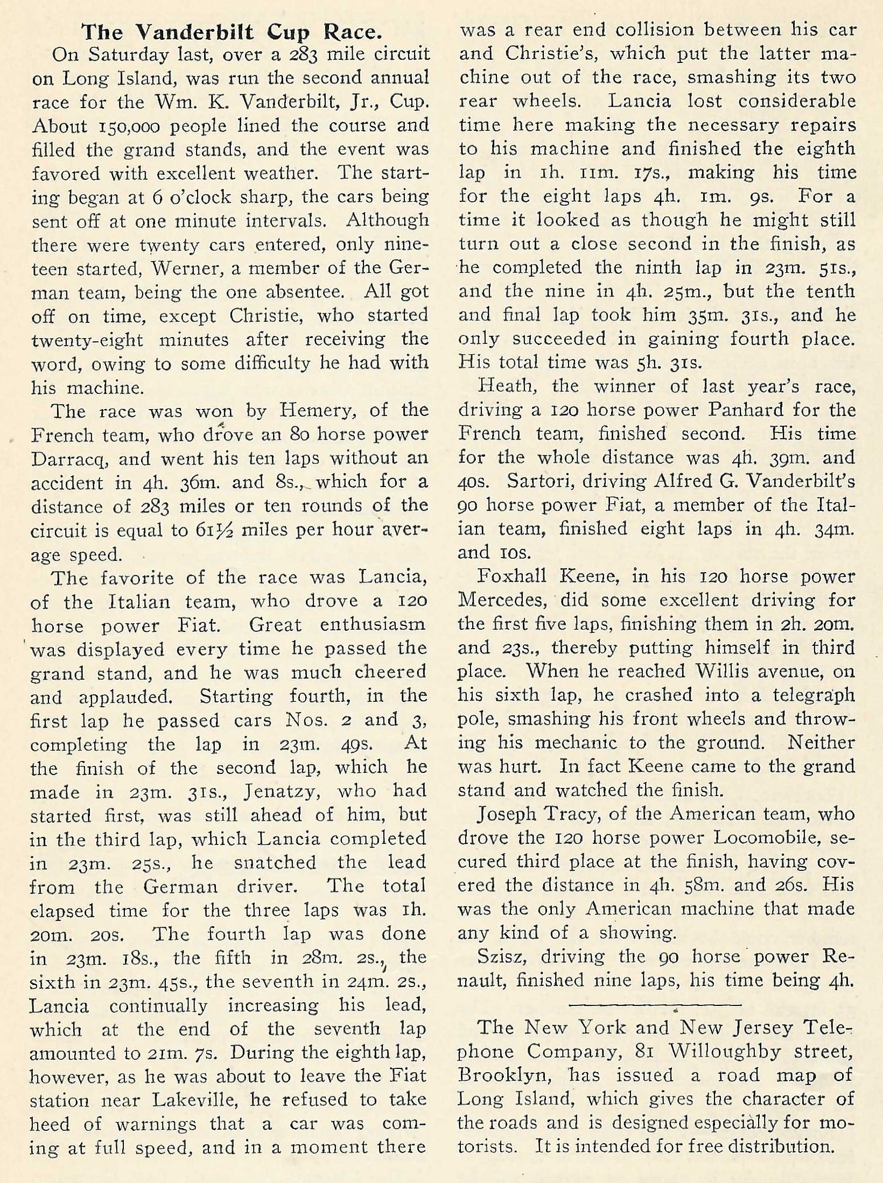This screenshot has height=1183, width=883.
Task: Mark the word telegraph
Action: pyautogui.click(x=812, y=695)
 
